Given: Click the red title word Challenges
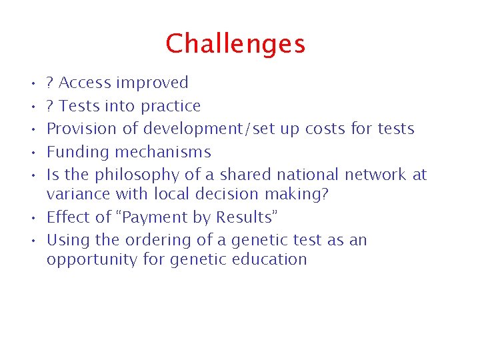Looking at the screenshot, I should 235,45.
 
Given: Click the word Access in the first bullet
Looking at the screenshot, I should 85,83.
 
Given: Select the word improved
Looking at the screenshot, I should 152,83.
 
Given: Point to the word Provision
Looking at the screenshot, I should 79,129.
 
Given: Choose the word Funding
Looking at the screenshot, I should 75,152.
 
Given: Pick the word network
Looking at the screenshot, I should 375,175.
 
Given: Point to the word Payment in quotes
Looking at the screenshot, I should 147,218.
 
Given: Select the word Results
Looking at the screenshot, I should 243,218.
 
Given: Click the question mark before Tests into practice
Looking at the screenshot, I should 50,106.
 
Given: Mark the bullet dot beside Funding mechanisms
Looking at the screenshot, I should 33,153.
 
